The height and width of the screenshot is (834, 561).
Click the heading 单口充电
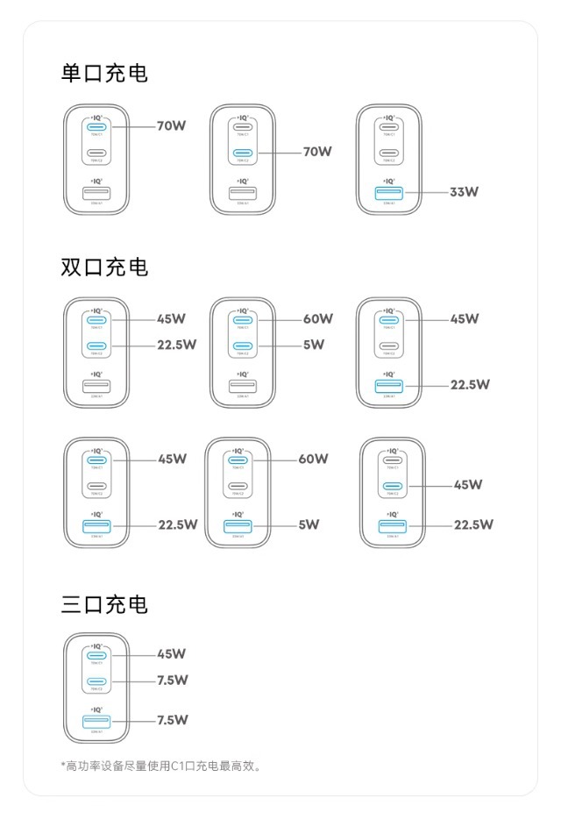click(104, 74)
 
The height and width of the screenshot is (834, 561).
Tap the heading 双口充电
click(104, 267)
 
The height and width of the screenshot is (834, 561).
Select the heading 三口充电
click(104, 604)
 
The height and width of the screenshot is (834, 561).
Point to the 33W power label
click(464, 191)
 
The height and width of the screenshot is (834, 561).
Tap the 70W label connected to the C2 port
click(317, 152)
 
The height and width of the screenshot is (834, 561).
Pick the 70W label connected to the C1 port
click(172, 125)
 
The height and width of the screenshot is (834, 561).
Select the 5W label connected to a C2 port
click(314, 345)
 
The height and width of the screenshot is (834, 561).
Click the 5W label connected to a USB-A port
click(309, 524)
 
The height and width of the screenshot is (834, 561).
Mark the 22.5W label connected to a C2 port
click(176, 345)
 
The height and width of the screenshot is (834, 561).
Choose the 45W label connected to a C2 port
click(468, 484)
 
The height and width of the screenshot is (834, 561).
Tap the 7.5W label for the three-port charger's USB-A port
click(173, 720)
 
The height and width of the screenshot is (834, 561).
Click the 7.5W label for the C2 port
click(173, 680)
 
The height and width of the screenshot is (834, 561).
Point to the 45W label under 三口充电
click(172, 653)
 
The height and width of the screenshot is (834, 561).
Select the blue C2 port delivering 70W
click(242, 152)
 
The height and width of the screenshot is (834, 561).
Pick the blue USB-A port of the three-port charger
click(96, 720)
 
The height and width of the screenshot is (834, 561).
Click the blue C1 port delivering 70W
click(96, 125)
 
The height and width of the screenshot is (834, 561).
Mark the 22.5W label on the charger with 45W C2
click(473, 524)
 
